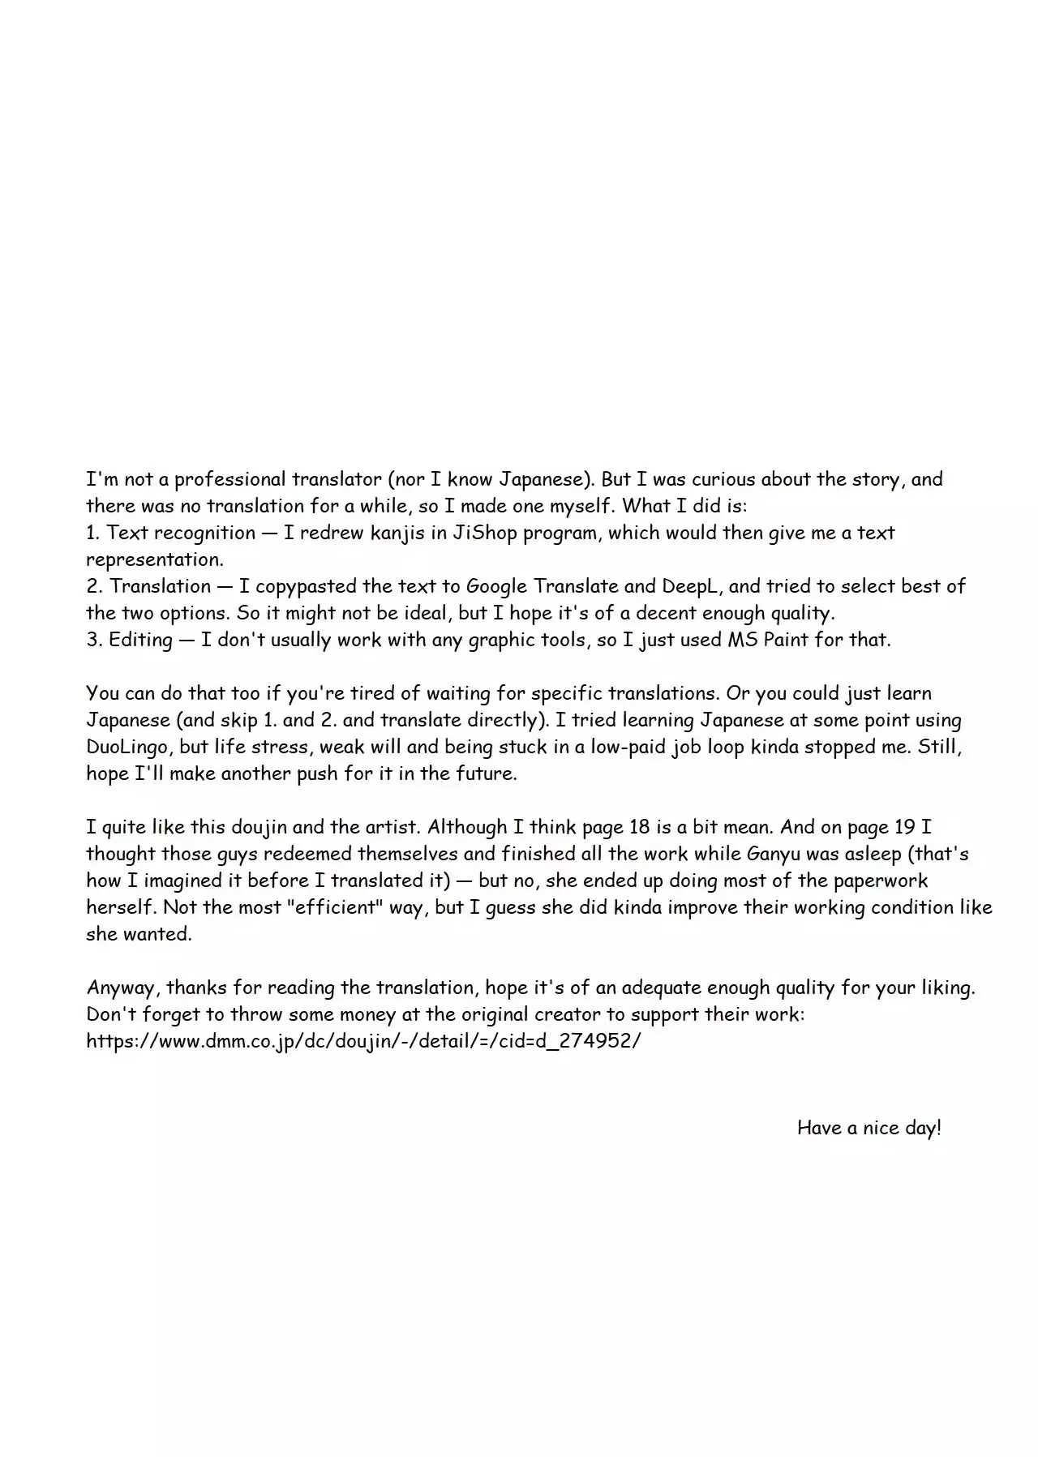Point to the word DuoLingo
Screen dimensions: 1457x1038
(x=126, y=747)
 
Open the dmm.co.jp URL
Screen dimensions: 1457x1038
(x=363, y=1041)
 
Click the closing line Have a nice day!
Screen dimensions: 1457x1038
(x=869, y=1128)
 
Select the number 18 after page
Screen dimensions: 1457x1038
(x=638, y=827)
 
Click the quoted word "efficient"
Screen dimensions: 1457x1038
(x=335, y=907)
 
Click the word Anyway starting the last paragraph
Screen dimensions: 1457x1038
(x=122, y=988)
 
